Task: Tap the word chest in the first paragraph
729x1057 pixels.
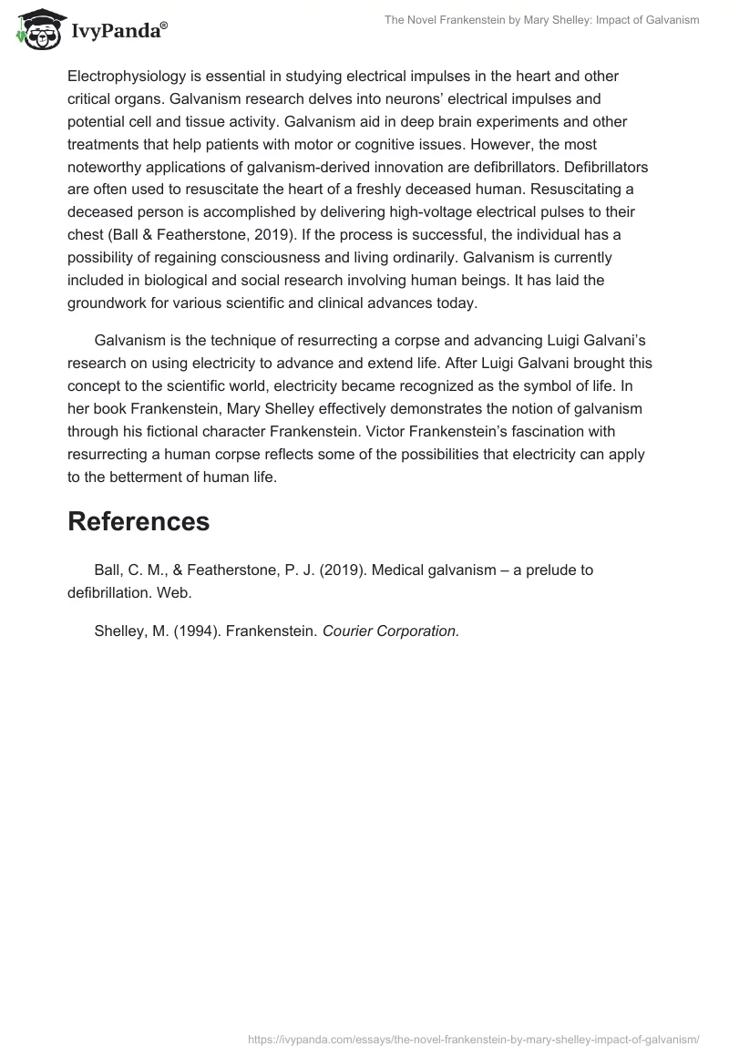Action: point(87,234)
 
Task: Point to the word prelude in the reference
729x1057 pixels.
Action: point(525,570)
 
